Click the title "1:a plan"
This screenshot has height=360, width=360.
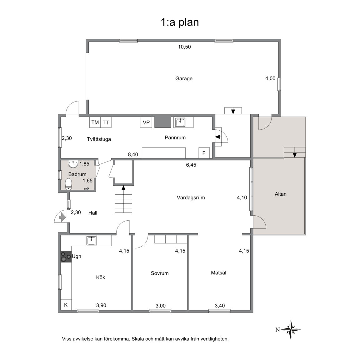[x=180, y=22]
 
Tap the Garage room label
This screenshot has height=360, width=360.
[x=184, y=78]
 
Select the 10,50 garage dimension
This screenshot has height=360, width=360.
[x=185, y=47]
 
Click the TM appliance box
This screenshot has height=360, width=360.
[x=95, y=122]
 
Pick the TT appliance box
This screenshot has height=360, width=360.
[x=106, y=122]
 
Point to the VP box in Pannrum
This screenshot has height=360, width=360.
[x=146, y=122]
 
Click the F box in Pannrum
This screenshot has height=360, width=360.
[x=204, y=153]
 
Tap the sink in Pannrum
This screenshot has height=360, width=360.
[x=180, y=122]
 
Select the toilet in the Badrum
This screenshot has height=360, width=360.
[x=68, y=184]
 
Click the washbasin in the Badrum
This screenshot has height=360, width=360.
[x=73, y=164]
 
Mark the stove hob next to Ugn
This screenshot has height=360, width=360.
[x=66, y=257]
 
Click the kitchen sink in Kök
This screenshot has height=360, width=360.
[x=91, y=241]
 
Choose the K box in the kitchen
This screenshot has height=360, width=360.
[x=66, y=305]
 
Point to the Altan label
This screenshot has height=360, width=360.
[x=281, y=194]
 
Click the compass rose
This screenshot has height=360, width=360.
[x=291, y=330]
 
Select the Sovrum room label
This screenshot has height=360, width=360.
[x=160, y=273]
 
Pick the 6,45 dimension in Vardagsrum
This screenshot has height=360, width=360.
[x=191, y=165]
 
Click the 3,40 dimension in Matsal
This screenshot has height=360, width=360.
[x=220, y=306]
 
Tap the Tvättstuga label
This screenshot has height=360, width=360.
[x=99, y=139]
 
